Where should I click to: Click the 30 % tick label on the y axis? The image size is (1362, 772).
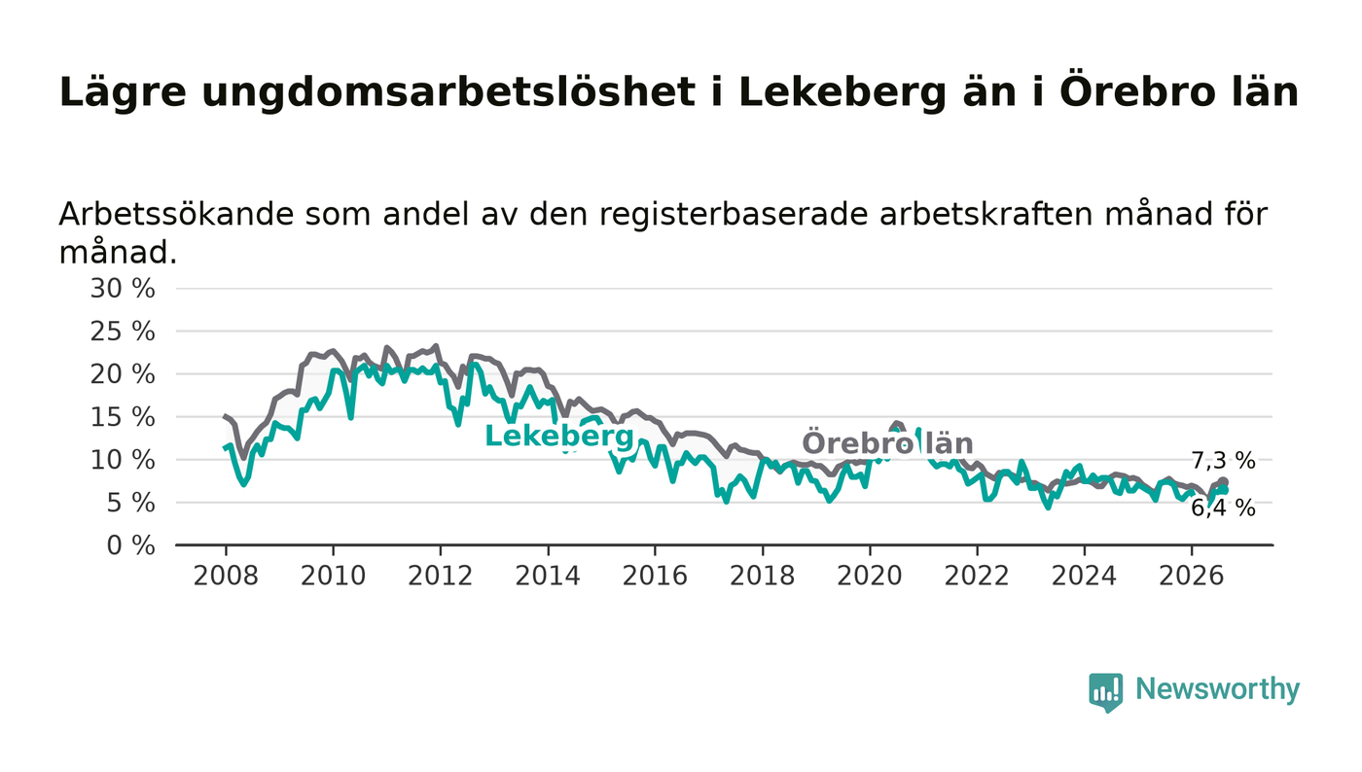click(123, 289)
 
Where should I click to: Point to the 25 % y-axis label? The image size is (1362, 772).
click(123, 332)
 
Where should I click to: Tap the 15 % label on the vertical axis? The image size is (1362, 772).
click(123, 418)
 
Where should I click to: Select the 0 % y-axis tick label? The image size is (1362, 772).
click(130, 545)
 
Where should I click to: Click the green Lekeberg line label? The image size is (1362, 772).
click(559, 437)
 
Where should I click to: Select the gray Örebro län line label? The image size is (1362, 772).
click(887, 443)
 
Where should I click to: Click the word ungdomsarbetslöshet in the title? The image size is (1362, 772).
click(448, 93)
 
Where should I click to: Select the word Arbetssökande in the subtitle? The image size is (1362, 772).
click(176, 214)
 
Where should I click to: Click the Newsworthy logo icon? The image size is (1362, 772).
click(1106, 692)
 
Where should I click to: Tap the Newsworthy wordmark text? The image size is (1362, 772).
click(1217, 689)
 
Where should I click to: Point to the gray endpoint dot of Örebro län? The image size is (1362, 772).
click(1224, 482)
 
